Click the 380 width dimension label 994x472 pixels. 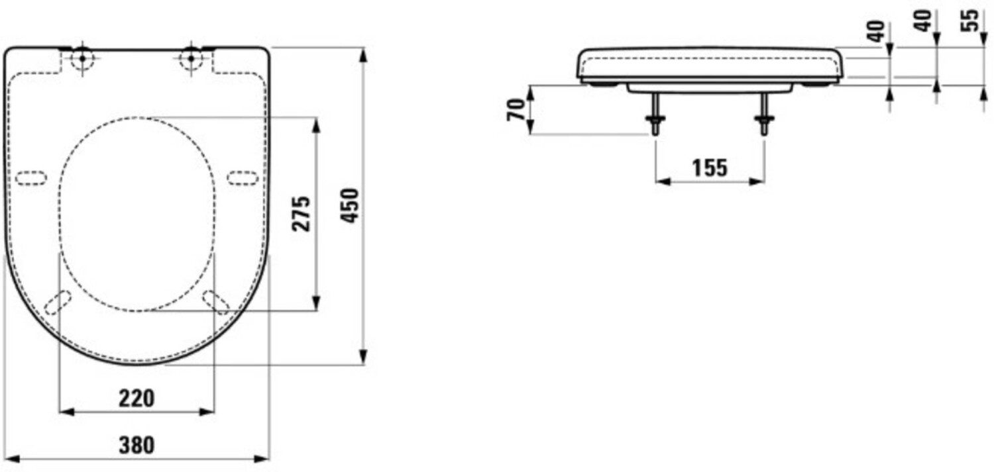pyautogui.click(x=137, y=445)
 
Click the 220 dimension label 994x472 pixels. pyautogui.click(x=137, y=399)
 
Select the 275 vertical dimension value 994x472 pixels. pyautogui.click(x=301, y=214)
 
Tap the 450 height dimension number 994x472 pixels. pyautogui.click(x=350, y=206)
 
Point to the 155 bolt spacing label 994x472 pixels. pyautogui.click(x=710, y=168)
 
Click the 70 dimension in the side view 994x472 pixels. pyautogui.click(x=516, y=110)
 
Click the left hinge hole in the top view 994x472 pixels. pyautogui.click(x=82, y=58)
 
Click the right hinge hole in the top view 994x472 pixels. pyautogui.click(x=192, y=58)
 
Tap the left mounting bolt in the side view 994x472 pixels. pyautogui.click(x=655, y=114)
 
